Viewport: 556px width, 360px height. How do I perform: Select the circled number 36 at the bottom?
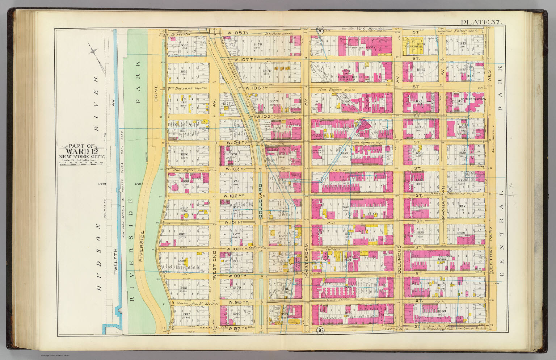pos(320,330)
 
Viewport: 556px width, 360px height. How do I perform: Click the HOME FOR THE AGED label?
pos(349,78)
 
